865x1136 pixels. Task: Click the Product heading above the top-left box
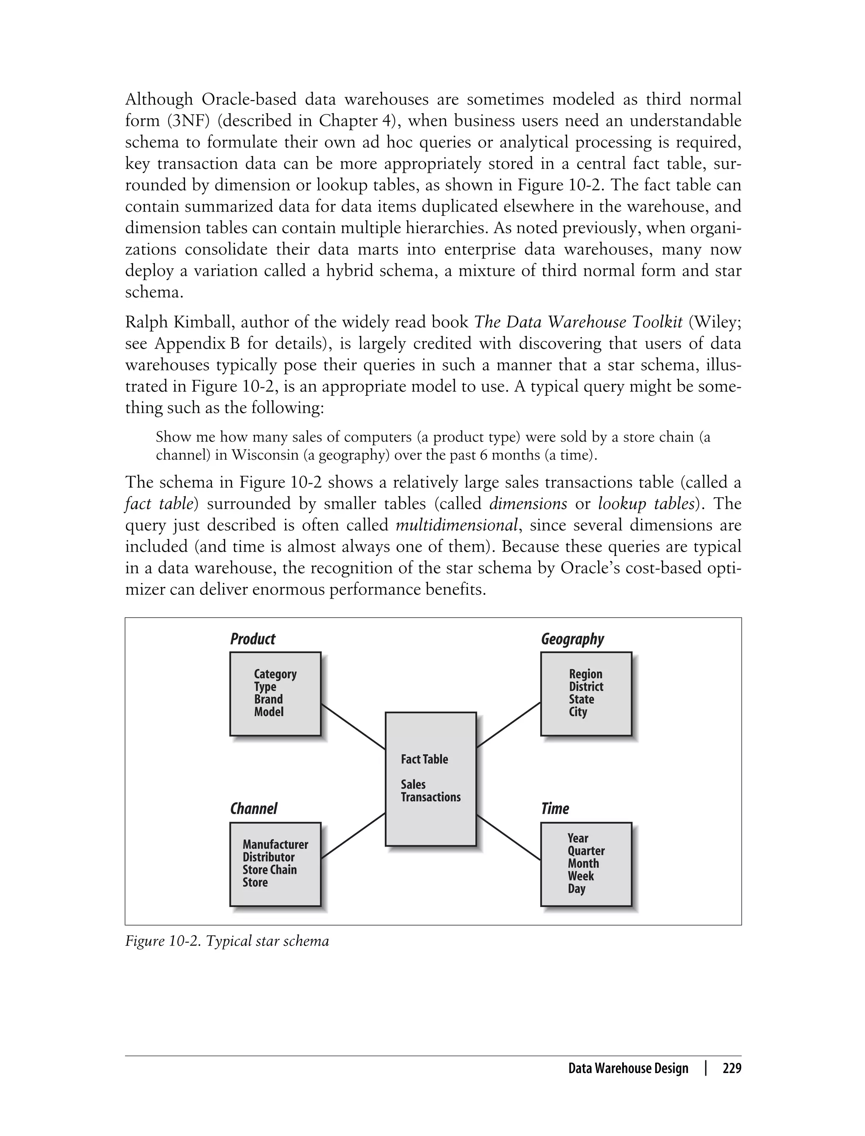point(252,639)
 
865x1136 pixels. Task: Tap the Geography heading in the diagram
point(572,639)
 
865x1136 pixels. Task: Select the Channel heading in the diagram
point(253,809)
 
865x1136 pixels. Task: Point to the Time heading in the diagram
point(555,809)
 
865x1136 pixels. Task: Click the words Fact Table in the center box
point(424,759)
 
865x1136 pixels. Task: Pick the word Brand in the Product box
point(268,699)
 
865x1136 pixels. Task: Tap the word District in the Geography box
point(586,687)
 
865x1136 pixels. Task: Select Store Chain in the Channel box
point(270,870)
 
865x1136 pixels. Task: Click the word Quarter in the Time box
point(586,851)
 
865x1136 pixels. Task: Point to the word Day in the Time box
point(577,889)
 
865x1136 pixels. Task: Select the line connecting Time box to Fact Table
point(508,837)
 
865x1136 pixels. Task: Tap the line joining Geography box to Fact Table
point(508,725)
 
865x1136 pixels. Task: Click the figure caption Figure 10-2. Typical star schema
point(226,941)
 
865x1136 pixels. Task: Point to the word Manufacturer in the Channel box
point(275,845)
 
